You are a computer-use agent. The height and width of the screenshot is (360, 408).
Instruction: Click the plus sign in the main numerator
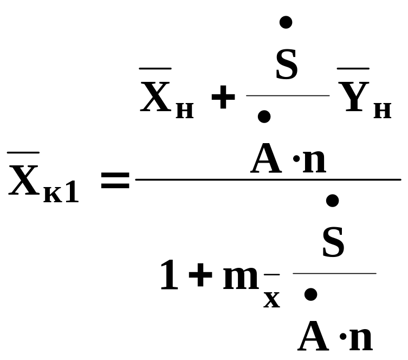[x=222, y=100]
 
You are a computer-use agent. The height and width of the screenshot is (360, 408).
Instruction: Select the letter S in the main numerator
[x=287, y=66]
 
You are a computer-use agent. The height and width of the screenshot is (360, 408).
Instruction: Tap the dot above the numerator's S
[x=286, y=22]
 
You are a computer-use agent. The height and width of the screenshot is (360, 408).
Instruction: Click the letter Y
[x=353, y=97]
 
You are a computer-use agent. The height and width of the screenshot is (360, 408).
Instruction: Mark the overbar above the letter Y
[x=353, y=69]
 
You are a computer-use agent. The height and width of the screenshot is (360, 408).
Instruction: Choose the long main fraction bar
[x=268, y=179]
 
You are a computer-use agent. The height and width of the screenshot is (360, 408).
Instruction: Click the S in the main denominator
[x=333, y=244]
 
